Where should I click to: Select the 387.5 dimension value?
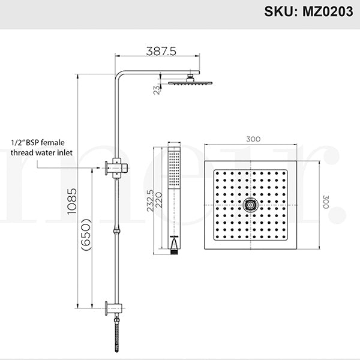coord(161,52)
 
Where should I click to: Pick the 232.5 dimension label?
coord(151,201)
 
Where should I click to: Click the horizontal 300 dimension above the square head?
coord(253,139)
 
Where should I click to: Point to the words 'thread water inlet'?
coord(41,152)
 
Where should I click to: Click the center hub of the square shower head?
coord(250,205)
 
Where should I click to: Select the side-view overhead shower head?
coord(191,82)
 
